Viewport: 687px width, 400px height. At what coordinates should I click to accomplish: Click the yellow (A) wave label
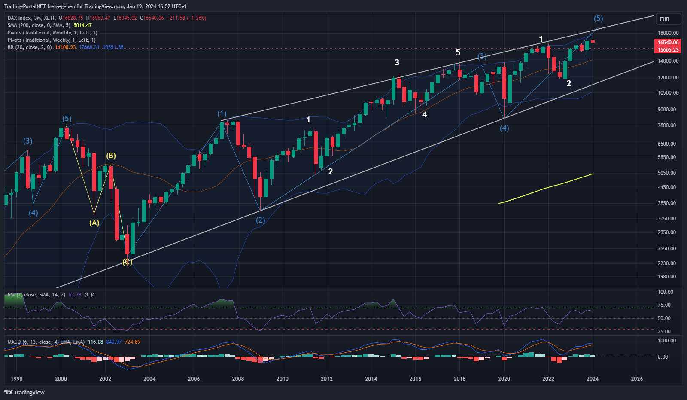click(94, 223)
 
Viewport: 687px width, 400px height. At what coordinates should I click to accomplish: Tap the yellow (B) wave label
click(111, 156)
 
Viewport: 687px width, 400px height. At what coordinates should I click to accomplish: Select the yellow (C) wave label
click(127, 262)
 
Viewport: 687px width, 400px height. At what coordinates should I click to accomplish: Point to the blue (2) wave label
click(261, 220)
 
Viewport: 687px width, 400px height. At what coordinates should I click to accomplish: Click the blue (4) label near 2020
click(505, 128)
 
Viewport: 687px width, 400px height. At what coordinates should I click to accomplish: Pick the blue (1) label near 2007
click(222, 113)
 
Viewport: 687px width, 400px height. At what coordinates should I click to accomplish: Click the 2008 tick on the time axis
click(238, 379)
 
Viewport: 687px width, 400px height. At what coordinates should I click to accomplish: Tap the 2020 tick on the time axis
click(504, 379)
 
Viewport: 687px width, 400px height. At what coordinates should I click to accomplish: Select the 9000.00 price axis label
click(668, 109)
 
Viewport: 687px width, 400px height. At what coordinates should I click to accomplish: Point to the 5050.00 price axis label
click(668, 173)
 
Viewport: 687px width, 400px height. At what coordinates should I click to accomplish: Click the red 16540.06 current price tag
click(668, 42)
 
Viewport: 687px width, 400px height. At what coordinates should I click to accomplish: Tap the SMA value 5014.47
click(82, 25)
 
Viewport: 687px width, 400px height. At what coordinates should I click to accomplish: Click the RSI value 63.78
click(75, 295)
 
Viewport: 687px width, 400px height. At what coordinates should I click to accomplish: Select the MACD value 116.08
click(95, 342)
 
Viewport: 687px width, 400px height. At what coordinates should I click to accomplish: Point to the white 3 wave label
click(397, 63)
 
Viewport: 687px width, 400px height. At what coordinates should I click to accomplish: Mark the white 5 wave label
click(458, 53)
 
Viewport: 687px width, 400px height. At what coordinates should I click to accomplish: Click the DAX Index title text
click(19, 18)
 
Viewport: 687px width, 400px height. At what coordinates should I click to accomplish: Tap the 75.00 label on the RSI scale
click(664, 305)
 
